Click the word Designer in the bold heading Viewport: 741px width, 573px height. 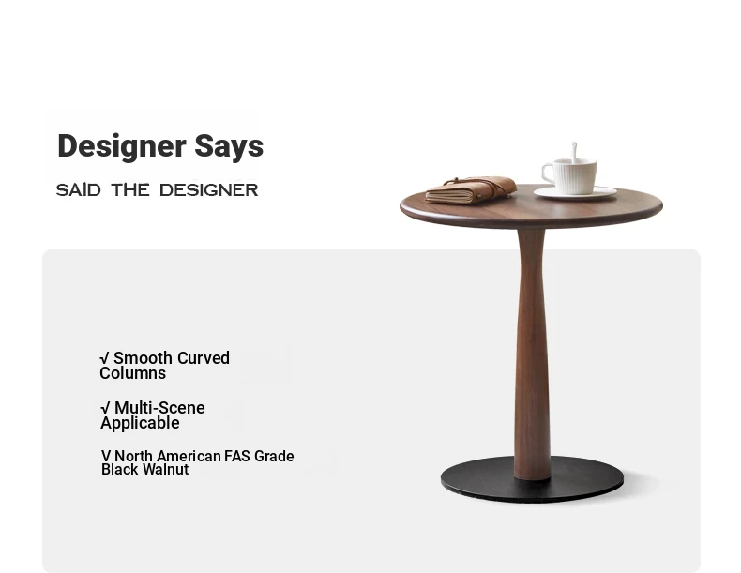coord(121,147)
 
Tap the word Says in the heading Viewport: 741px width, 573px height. coord(229,147)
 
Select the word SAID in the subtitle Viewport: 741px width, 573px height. coord(79,189)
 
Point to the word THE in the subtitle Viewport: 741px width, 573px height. coord(130,189)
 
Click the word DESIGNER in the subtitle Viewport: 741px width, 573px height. coord(209,189)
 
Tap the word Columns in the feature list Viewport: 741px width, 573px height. coord(133,373)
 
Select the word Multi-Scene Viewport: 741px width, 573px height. coord(159,408)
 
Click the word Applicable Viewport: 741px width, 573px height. coord(140,423)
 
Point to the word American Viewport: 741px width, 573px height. coord(189,457)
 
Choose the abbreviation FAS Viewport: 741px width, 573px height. coord(237,457)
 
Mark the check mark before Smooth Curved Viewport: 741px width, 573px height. coord(105,358)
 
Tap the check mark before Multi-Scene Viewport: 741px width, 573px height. coord(105,408)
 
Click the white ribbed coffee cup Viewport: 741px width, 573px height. coord(570,176)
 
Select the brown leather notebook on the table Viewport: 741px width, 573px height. coord(471,189)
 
